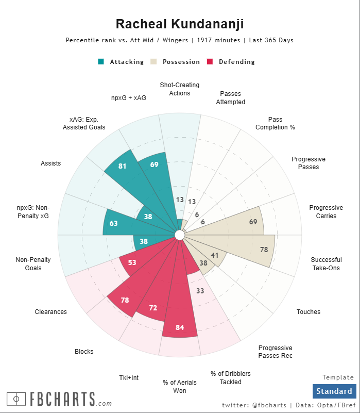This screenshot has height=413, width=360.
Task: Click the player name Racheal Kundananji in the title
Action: [x=180, y=24]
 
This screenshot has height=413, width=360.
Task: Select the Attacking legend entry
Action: [x=121, y=62]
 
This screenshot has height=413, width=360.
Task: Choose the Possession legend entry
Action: [x=175, y=62]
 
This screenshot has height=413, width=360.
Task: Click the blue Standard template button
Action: [x=334, y=391]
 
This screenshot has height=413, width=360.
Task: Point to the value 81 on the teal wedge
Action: [x=122, y=166]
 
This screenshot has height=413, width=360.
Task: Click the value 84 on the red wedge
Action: [x=180, y=328]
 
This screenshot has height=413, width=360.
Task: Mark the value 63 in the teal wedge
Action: [x=114, y=224]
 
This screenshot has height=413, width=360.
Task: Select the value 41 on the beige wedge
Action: [x=215, y=256]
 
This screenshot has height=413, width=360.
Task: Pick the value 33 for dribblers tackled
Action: [x=200, y=291]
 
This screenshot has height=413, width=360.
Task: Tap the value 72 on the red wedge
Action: [x=153, y=308]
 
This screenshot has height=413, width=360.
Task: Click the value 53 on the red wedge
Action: [x=132, y=262]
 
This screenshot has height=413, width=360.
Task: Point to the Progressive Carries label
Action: [x=322, y=212]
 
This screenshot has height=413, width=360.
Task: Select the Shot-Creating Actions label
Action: [x=179, y=89]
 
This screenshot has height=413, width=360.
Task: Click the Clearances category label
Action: [x=50, y=311]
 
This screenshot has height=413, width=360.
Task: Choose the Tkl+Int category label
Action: [x=129, y=378]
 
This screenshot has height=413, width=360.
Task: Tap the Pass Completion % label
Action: [x=275, y=124]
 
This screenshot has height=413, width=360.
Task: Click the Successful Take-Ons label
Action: [x=325, y=264]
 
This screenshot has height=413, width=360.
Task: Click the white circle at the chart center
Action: [x=180, y=235]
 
